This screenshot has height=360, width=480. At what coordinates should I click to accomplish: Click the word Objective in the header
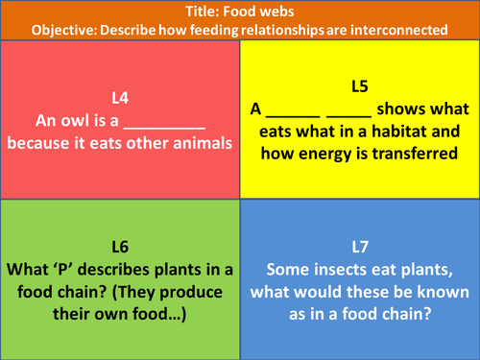tap(63, 30)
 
